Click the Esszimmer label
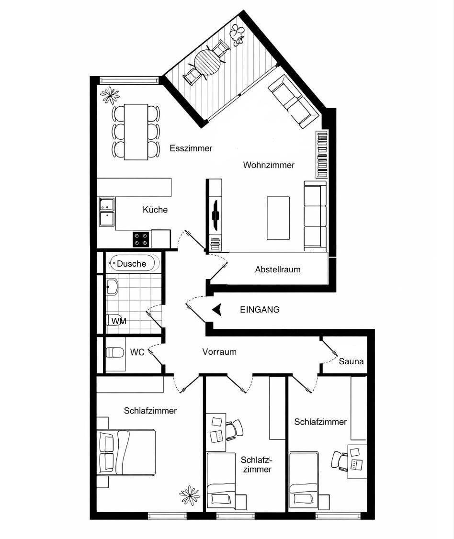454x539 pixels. click(191, 148)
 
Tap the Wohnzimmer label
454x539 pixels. click(269, 165)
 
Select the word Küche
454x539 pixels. click(155, 209)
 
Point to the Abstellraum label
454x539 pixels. click(278, 269)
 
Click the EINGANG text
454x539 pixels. click(260, 310)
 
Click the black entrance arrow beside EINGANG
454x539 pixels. click(216, 310)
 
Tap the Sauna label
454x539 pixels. click(351, 361)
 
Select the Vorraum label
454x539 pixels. click(219, 352)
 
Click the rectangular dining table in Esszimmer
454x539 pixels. click(136, 132)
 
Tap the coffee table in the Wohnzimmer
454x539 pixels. click(278, 218)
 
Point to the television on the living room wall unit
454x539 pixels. click(216, 215)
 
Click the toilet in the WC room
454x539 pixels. click(115, 352)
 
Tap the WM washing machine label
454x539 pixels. click(119, 321)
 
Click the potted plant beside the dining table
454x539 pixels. click(110, 95)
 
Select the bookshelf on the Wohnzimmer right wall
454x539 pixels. click(322, 154)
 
